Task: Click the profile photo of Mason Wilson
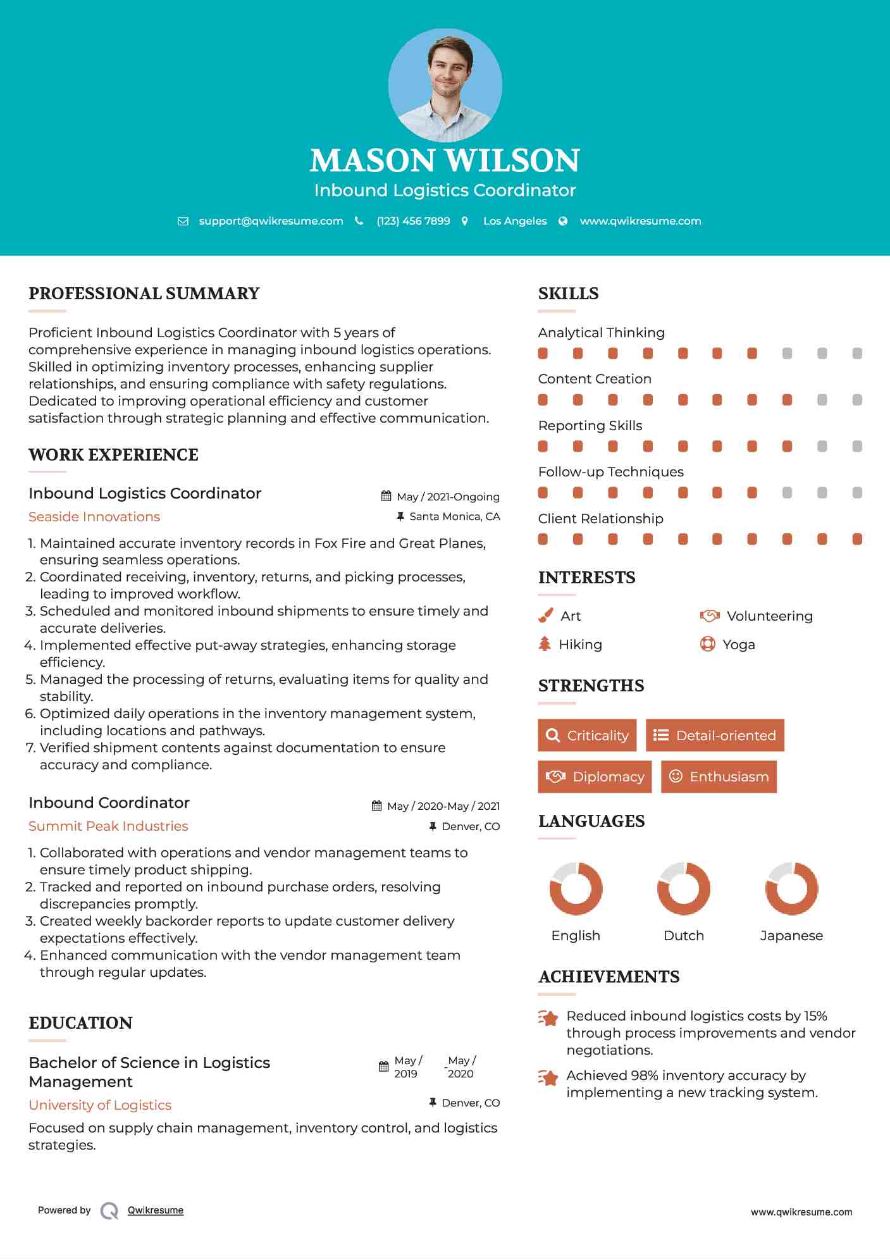(x=445, y=85)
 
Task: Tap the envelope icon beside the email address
(x=183, y=221)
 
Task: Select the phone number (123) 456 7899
(x=413, y=221)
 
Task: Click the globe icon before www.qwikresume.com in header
(x=563, y=221)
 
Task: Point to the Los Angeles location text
(x=515, y=221)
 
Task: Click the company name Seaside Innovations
(x=94, y=517)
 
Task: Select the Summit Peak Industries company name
(x=108, y=826)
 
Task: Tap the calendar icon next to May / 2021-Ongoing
(x=386, y=497)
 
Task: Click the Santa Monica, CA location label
(x=454, y=517)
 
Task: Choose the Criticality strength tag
(x=587, y=735)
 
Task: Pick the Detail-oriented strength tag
(x=715, y=735)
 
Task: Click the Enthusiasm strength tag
(x=719, y=776)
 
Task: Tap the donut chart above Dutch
(x=683, y=888)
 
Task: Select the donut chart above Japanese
(x=791, y=888)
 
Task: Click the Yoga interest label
(x=739, y=645)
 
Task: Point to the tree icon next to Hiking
(x=545, y=644)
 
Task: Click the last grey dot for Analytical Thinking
(x=857, y=354)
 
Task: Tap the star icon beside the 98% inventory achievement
(x=548, y=1077)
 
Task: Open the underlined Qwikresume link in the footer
(x=156, y=1210)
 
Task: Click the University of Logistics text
(x=100, y=1105)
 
